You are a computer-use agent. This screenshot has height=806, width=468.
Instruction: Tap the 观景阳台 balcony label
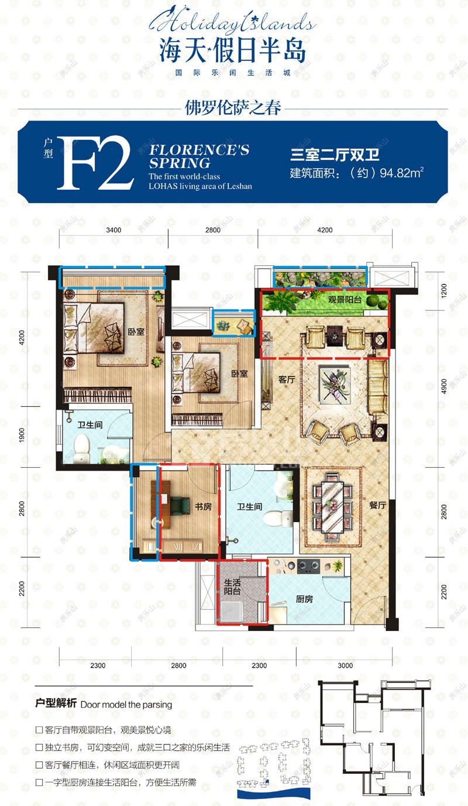344,299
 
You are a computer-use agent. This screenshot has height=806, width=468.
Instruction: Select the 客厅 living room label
287,379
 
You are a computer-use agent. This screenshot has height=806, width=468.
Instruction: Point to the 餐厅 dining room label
378,505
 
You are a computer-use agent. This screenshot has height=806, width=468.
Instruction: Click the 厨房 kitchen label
304,599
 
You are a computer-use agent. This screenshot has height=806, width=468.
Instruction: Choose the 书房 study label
203,507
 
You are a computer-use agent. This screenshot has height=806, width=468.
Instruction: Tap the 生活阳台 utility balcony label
232,587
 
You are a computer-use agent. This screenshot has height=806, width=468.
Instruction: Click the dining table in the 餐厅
333,507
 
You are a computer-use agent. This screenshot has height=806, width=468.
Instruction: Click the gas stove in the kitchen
308,566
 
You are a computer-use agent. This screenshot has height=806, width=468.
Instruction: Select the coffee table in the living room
335,383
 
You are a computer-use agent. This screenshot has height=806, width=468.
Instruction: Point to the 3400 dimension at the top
113,230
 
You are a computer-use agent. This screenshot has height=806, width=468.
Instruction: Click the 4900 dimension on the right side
444,386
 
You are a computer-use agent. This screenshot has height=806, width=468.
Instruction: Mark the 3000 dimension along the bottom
345,666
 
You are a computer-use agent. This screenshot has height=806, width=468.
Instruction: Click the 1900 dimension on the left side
22,435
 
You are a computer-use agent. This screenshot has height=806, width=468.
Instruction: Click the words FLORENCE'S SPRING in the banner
199,156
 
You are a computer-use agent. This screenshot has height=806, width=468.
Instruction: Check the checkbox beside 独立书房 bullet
39,747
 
